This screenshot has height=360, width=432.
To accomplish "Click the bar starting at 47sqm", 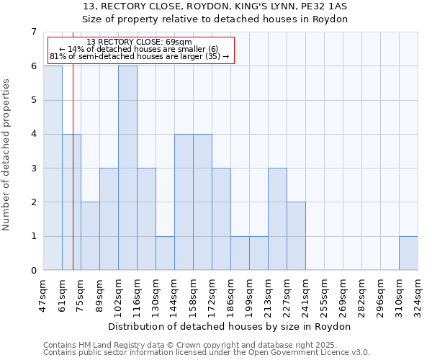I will (53, 168).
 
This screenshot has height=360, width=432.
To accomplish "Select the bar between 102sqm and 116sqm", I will (127, 168).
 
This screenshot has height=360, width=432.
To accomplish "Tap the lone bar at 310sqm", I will (408, 253).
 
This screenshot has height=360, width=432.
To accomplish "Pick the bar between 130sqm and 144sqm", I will (165, 253).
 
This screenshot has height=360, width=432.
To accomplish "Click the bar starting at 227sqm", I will (296, 236).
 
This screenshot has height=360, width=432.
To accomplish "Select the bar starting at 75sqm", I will (90, 236).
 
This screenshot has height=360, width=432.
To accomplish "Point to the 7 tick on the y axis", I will (33, 32).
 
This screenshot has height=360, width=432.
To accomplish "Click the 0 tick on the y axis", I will (33, 271).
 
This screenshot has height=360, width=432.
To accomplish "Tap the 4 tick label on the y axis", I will (33, 134).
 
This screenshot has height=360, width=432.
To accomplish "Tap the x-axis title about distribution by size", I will (230, 326).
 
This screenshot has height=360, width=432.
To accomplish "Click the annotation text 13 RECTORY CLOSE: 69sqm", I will (139, 42).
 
